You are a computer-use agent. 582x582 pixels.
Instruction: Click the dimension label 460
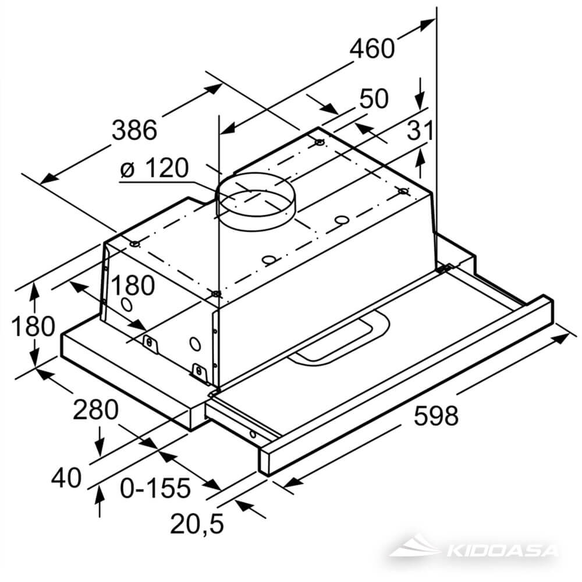[372, 48]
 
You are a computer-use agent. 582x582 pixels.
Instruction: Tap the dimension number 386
[134, 129]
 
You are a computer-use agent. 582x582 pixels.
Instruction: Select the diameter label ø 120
[154, 169]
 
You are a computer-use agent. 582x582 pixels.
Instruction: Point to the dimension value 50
[374, 99]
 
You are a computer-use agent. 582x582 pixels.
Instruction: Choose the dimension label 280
[95, 410]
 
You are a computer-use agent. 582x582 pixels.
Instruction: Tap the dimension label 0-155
[155, 488]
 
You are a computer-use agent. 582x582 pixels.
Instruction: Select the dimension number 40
[66, 478]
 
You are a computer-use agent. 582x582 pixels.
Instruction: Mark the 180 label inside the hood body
[133, 285]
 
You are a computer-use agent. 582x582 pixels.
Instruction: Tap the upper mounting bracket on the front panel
[151, 344]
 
